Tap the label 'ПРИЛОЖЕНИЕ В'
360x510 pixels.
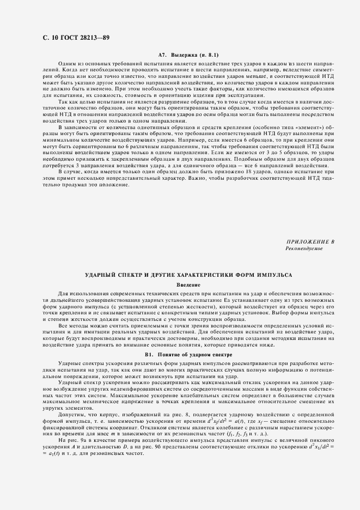309,241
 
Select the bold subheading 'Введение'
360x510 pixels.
188,285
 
